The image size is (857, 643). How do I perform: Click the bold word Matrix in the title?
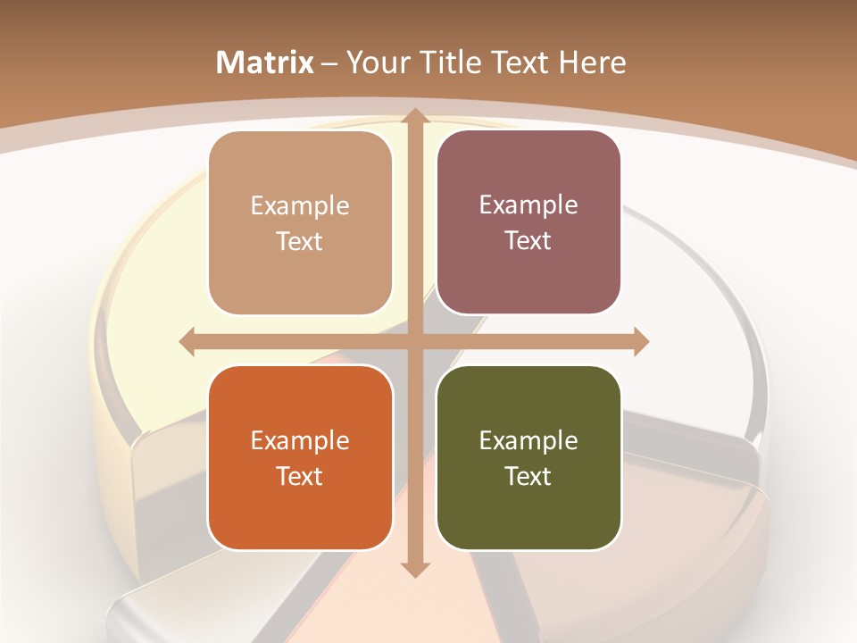(x=265, y=63)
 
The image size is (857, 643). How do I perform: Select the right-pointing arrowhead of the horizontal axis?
(x=640, y=341)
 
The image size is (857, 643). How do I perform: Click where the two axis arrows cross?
(x=414, y=341)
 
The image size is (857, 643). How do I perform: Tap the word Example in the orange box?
(x=300, y=440)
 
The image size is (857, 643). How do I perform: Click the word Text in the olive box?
(x=528, y=476)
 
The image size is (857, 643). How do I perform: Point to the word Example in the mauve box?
(x=528, y=205)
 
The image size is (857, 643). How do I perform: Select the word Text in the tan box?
(x=300, y=241)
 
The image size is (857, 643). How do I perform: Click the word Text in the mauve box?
(x=528, y=240)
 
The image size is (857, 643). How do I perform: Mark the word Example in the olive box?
(x=528, y=440)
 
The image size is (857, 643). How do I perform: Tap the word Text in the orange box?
(x=300, y=476)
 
